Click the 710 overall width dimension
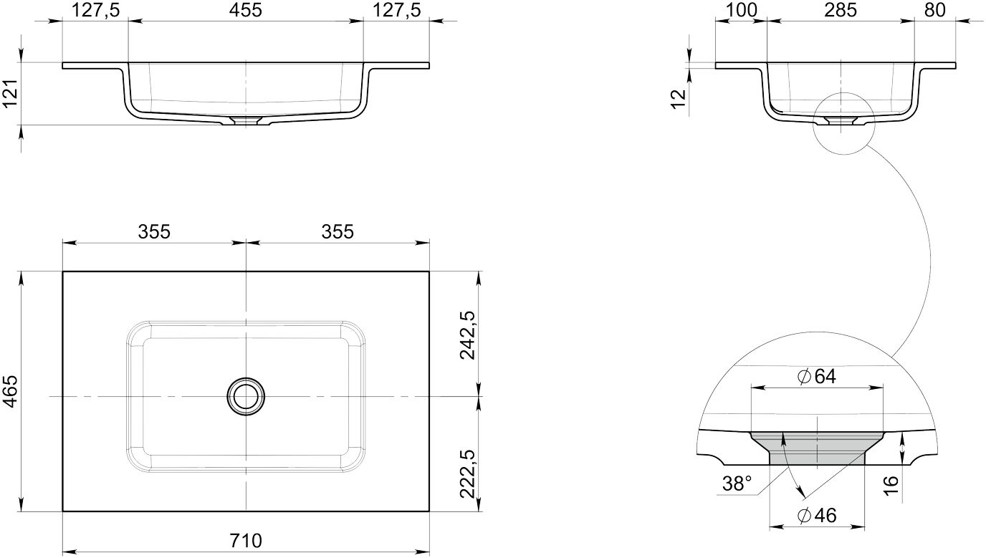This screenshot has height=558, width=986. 246,540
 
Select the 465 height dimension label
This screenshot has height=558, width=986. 11,391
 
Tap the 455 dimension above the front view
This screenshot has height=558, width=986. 246,10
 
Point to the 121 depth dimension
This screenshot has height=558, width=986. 11,93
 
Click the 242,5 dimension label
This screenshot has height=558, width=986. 467,335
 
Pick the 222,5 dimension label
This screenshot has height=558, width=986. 467,473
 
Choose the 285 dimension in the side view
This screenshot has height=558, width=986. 841,10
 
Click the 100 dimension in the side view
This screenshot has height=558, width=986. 741,10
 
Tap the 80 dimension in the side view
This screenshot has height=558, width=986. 935,10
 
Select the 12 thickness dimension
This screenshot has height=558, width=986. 679,99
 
